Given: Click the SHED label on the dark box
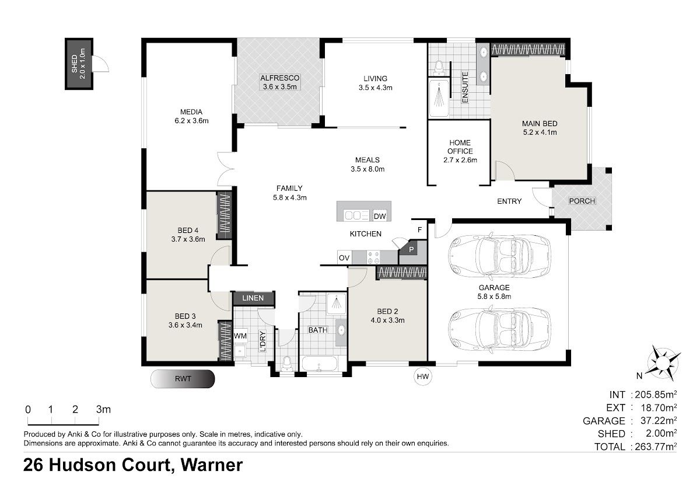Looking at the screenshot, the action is coord(75,64).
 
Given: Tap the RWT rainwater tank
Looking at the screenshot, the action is coord(183,379).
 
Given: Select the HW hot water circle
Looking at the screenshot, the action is coord(423,377).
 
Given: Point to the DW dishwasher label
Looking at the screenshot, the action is coord(380,216).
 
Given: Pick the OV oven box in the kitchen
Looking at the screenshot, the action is coord(344,258).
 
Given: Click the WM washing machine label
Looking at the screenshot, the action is coord(240,336).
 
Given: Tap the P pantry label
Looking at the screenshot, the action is coord(411,249).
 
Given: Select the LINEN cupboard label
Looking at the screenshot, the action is coord(253,298).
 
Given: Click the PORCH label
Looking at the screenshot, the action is coord(582,201).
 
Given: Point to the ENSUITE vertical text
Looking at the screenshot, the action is coord(465,87).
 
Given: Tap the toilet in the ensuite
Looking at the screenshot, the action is coord(439,68).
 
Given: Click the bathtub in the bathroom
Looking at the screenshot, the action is coord(319,364).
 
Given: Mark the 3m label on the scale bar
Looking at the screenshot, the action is coord(103,409).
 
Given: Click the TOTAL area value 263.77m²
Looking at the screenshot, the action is coord(656,447).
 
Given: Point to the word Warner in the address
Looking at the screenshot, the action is coord(212,465).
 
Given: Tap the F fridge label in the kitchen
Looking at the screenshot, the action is coord(419,230).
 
